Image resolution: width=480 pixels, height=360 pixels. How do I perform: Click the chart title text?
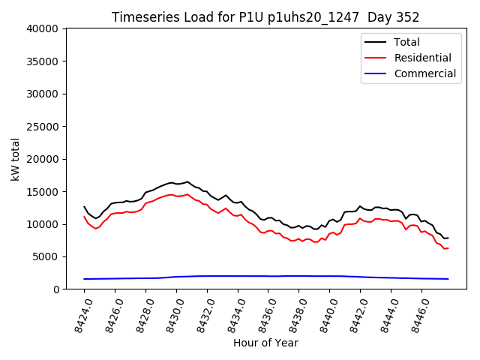265,17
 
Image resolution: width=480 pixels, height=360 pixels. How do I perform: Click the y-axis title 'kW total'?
15,159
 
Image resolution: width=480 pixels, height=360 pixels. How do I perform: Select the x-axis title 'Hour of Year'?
265,343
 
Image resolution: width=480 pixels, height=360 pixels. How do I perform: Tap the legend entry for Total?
406,42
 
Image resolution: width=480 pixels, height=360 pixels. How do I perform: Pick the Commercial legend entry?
424,73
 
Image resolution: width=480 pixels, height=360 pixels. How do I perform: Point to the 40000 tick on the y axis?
43,29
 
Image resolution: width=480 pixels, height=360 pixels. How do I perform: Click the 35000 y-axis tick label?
43,61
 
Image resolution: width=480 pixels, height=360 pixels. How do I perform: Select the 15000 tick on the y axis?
43,192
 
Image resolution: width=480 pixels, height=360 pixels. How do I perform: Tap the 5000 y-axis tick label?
46,257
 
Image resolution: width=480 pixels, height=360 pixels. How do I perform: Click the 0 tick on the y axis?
57,289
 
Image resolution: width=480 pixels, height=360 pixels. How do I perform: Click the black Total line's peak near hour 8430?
187,181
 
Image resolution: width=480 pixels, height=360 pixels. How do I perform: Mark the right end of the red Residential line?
448,247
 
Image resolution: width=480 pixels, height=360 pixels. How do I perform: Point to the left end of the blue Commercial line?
84,279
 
